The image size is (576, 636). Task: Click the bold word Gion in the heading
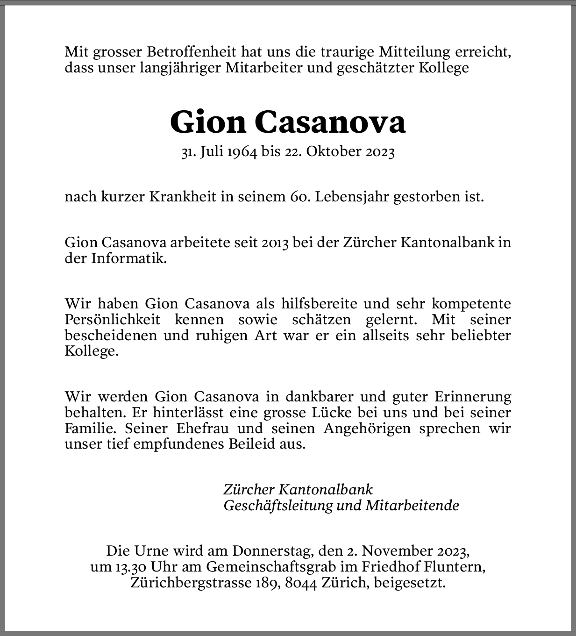coord(208,122)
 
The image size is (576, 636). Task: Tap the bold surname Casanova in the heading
coord(330,122)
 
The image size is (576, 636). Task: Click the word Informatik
coord(128,258)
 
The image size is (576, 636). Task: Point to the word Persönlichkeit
coord(112,320)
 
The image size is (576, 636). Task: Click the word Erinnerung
coord(472,397)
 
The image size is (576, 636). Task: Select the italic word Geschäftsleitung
coord(278,505)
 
